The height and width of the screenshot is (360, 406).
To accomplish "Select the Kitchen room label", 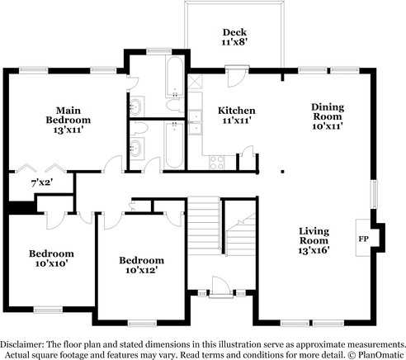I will click(x=236, y=110).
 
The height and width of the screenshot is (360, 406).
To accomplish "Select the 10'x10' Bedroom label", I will click(x=51, y=253).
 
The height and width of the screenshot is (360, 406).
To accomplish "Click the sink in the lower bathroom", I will click(x=136, y=147).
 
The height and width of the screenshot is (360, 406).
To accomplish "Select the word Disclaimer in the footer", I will click(x=25, y=343).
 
